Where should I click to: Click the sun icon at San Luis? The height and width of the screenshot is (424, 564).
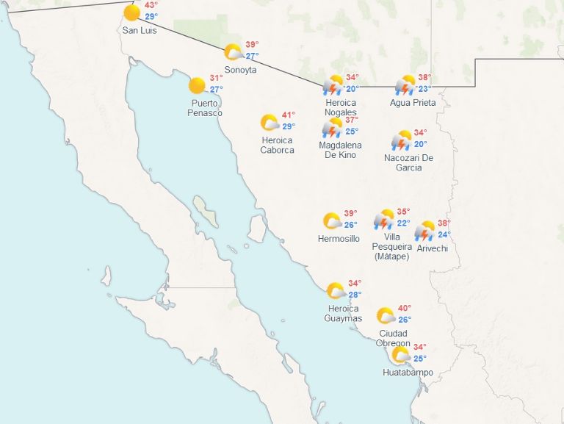(132, 12)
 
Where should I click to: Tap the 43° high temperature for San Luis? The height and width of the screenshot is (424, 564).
(151, 5)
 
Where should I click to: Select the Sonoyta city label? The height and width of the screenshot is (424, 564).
(241, 70)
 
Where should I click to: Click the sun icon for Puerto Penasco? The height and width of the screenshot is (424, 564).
(197, 86)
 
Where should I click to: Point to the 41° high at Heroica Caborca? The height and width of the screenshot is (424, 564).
(289, 115)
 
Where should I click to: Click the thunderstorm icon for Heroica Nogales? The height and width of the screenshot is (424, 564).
(333, 86)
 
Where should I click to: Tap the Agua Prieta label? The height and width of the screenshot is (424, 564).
(413, 103)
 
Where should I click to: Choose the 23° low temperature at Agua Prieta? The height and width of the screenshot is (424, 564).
(424, 89)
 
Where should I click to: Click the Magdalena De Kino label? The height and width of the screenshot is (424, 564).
(340, 150)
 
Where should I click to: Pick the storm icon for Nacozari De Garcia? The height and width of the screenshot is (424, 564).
(402, 140)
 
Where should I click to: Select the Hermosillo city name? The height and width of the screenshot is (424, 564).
(339, 239)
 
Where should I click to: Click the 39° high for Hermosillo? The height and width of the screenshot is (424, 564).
(351, 213)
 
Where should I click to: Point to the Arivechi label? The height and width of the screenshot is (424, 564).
(432, 248)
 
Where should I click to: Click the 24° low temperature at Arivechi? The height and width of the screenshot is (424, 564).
(444, 235)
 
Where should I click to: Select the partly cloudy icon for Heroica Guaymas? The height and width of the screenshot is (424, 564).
(336, 291)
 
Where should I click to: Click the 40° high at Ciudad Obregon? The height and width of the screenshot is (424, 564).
(405, 308)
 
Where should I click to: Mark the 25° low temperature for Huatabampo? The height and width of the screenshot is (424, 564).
(419, 359)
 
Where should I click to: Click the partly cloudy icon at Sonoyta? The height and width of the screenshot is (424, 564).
(234, 52)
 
